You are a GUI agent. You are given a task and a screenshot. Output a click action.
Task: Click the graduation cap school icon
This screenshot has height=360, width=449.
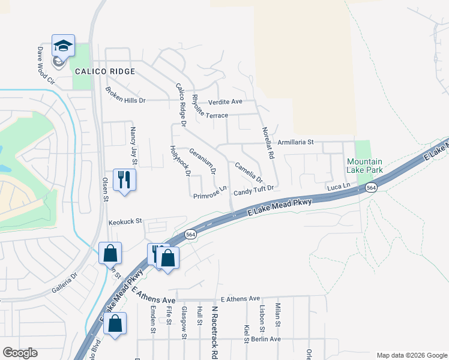pos(63,46)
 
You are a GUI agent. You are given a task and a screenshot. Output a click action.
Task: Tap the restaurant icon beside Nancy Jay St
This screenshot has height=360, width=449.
pos(124,179)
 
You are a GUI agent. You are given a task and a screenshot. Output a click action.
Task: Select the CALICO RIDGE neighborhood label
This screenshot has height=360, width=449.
pos(105,71)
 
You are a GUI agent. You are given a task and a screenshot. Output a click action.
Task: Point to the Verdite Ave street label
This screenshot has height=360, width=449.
pos(225,101)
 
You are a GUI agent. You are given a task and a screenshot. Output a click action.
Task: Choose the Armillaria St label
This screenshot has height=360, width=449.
pos(296,142)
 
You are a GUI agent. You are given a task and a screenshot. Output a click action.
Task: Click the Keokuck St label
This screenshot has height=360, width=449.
pos(124,221)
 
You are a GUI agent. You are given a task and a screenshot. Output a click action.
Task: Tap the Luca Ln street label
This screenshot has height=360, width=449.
pos(338,188)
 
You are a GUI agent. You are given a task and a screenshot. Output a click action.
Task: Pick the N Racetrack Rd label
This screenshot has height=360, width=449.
pos(214,330)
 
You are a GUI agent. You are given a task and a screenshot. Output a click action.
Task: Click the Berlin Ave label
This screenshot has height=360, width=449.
pos(267,339)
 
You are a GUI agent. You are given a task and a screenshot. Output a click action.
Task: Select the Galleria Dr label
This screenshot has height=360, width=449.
pos(64,283)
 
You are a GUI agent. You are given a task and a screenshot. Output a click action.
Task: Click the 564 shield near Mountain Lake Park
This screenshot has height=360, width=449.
pos(372,188)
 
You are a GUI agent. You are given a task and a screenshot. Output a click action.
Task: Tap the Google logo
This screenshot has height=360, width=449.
pos(20,352)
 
